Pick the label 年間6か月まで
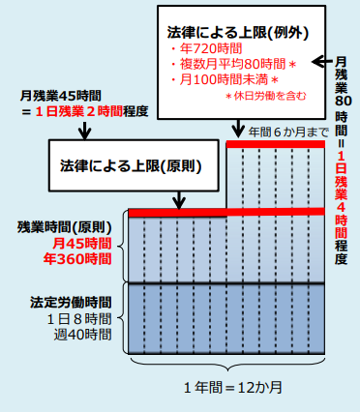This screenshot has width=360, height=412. pos(283,130)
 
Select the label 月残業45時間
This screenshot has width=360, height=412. pos(61,96)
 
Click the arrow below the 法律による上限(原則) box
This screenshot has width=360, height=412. pos(179,197)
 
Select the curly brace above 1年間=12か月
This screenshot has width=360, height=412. pos(232,367)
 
